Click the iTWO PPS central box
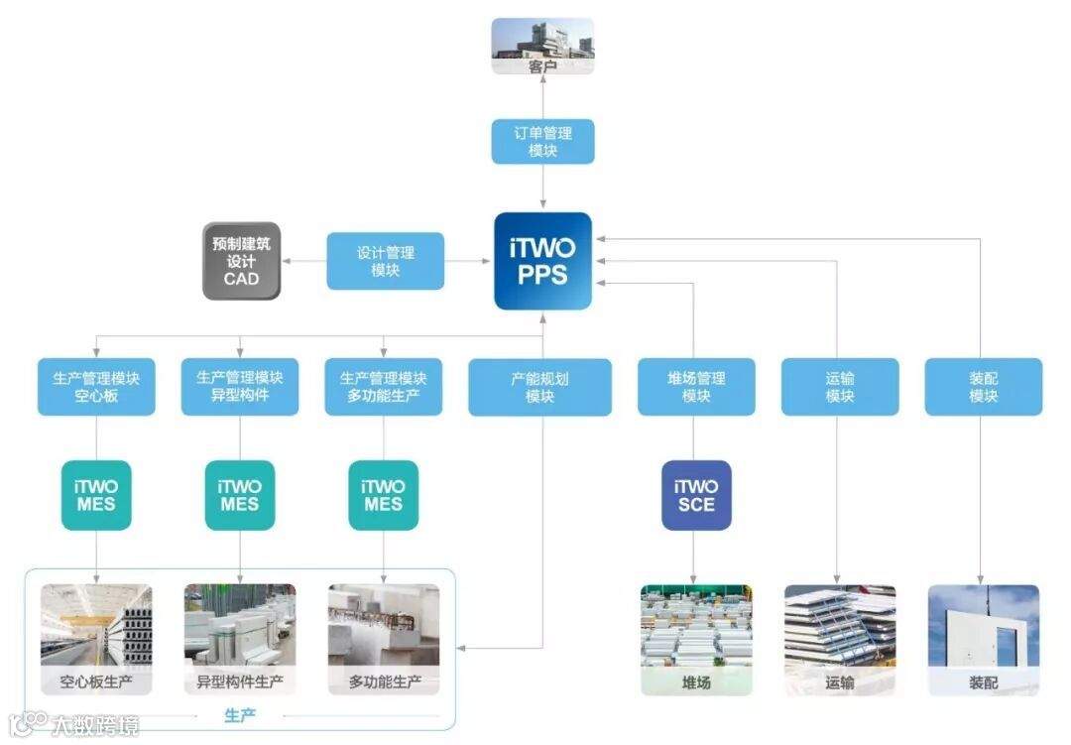543,261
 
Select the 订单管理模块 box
543,141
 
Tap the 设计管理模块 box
386,261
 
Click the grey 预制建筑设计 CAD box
242,261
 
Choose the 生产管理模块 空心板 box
96,387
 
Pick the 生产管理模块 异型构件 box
240,387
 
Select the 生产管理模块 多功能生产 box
384,387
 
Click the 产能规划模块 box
539,387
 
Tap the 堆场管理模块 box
696,387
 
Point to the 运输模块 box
840,387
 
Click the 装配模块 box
984,387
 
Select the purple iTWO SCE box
696,495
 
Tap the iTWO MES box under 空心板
96,495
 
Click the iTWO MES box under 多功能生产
384,495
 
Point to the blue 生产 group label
240,715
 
